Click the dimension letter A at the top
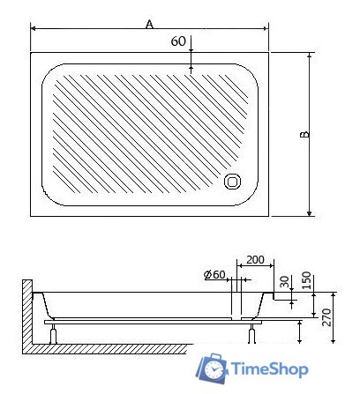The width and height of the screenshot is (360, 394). pos(150,24)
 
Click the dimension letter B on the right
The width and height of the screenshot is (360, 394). pos(303,135)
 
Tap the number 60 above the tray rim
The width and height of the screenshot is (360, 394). pos(178,41)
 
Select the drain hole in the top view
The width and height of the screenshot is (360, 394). pos(234,181)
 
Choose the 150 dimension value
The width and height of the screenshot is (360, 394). pos(306,279)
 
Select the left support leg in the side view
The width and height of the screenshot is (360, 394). pos(56,333)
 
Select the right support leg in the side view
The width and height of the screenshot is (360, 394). pos(254,333)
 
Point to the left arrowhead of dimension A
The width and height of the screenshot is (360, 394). pos(34,28)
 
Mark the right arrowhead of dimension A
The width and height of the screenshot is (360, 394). pos(267,28)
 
